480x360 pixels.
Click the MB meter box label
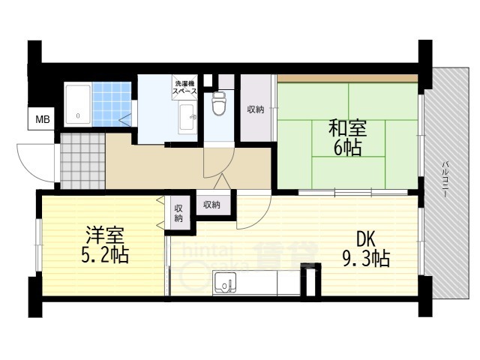point(43,118)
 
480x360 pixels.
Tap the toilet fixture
point(219,103)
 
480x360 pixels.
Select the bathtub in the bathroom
point(78,104)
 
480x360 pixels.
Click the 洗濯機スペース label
point(185,87)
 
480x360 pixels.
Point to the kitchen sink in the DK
point(225,283)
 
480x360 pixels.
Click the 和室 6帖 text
point(347,138)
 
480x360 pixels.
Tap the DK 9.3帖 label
point(366,249)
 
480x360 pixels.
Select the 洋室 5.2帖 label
point(105,245)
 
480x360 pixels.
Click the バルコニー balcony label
point(445,178)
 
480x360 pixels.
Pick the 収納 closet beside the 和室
point(256,109)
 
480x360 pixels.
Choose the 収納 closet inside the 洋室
point(178,213)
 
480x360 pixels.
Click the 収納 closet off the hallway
point(212,205)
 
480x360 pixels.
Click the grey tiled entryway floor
point(82,161)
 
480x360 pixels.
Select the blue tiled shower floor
point(112,103)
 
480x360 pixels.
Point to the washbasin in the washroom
point(187,117)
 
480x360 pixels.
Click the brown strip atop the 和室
point(347,78)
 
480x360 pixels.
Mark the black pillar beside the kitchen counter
point(310,280)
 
